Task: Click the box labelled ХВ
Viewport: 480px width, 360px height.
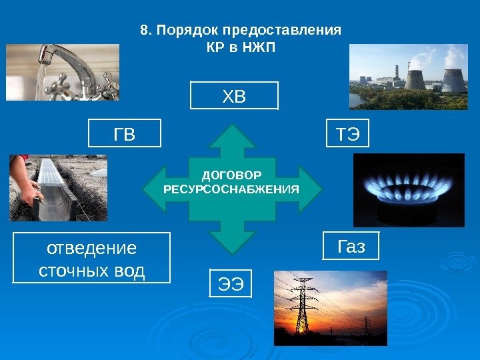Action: click(234, 95)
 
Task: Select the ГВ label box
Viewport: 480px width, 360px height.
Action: click(125, 133)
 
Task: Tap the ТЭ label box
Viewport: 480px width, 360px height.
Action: click(347, 133)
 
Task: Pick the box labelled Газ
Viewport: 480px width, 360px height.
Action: click(351, 246)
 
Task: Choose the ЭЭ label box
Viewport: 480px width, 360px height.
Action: click(231, 283)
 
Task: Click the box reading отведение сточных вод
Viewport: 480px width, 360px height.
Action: click(92, 258)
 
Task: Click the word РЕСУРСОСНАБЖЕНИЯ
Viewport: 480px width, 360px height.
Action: click(231, 189)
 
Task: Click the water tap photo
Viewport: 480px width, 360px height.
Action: click(63, 72)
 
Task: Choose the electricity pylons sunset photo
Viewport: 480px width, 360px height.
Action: click(330, 307)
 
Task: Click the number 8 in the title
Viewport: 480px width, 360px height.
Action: click(143, 31)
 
